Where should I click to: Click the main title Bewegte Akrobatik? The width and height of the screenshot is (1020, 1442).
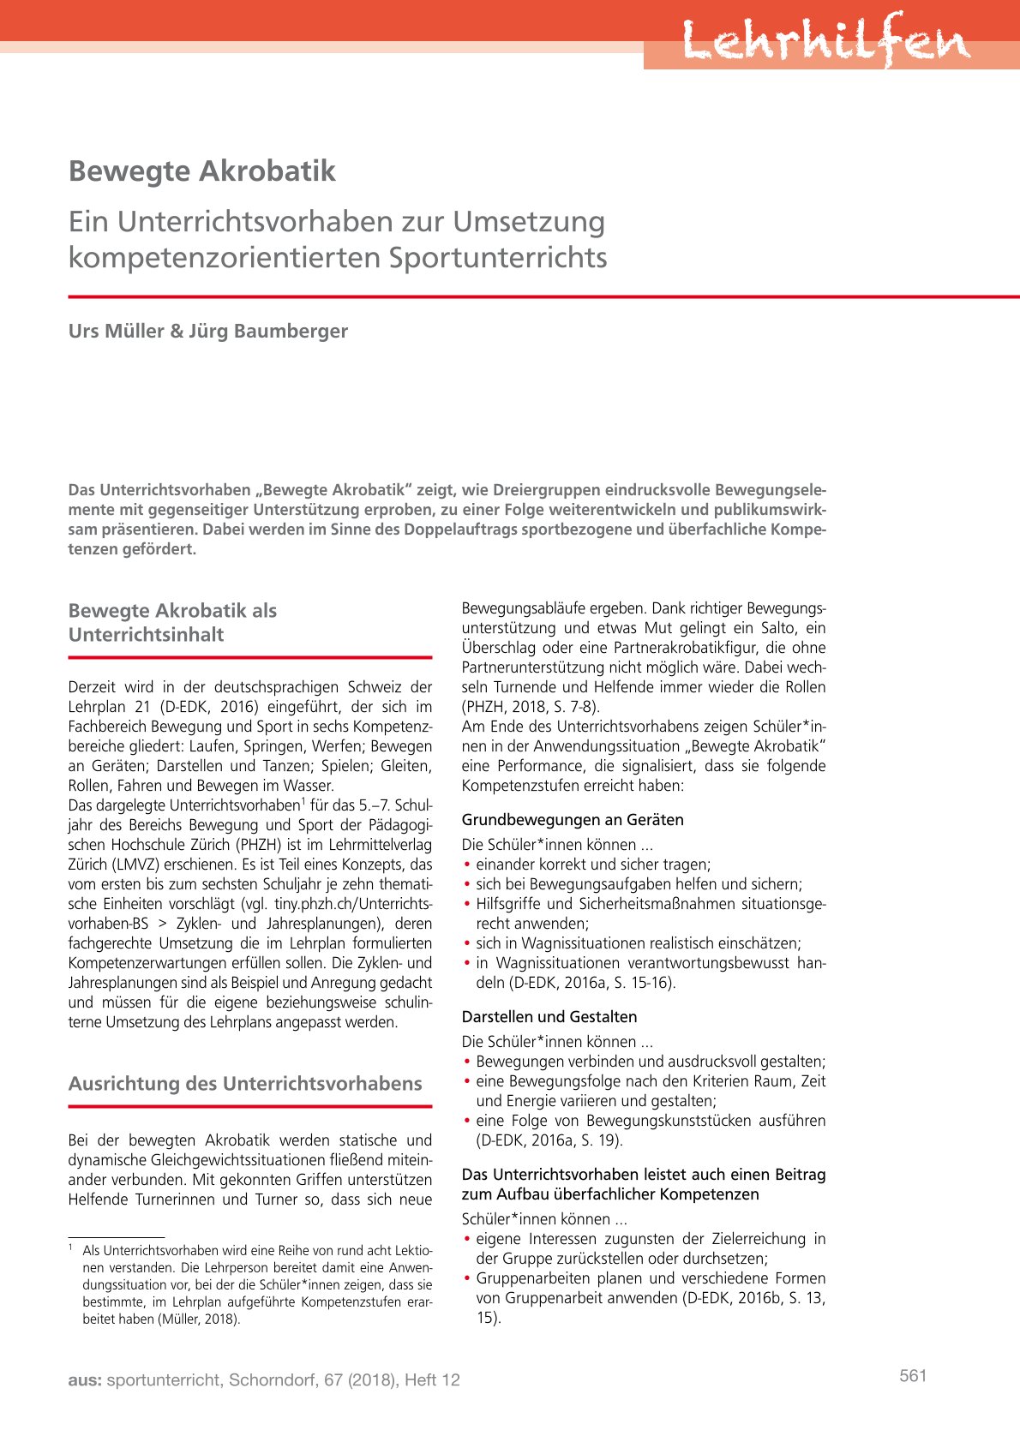pos(202,171)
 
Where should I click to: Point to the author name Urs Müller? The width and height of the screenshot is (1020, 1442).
pos(117,331)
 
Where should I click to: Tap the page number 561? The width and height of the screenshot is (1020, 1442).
pos(914,1375)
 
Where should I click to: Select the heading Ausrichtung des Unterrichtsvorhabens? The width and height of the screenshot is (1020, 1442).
pos(245,1083)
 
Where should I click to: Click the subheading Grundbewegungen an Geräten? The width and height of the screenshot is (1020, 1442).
pos(573,819)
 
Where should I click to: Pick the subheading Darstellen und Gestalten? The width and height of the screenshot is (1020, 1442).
pos(549,1016)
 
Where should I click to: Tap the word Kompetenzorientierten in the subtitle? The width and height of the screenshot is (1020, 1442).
pos(225,257)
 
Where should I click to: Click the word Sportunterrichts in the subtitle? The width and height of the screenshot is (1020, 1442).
pos(498,257)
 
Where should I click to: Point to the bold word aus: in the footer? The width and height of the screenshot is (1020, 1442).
pos(85,1379)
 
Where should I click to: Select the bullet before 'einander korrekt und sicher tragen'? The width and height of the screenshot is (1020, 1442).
pos(467,865)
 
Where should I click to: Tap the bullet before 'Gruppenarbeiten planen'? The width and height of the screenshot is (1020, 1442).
pos(467,1278)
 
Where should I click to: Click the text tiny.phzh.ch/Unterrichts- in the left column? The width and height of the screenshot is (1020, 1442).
pos(353,904)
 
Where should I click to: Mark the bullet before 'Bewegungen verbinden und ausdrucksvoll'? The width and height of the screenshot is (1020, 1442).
pos(467,1062)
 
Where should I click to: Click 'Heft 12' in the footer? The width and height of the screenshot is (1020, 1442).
pos(432,1379)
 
